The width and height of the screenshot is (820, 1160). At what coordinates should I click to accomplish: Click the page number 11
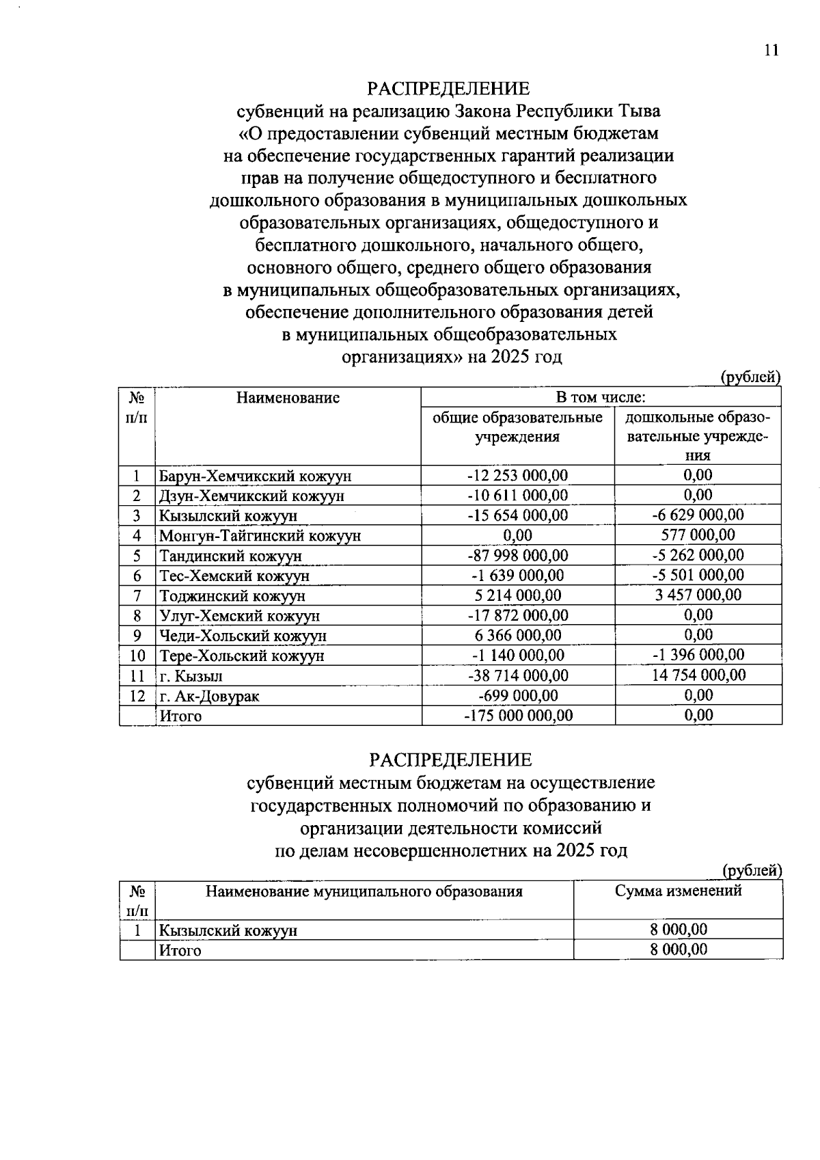click(x=771, y=51)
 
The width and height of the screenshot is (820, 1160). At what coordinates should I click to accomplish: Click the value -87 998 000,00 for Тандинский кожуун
click(x=517, y=555)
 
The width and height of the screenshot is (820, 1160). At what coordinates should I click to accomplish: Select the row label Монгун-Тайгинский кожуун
click(x=260, y=536)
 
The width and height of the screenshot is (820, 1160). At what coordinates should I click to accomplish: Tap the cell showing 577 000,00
click(x=698, y=535)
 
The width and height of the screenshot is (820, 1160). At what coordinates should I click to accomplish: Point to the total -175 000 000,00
click(x=517, y=716)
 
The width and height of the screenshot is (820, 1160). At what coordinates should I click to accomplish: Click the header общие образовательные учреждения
click(x=517, y=427)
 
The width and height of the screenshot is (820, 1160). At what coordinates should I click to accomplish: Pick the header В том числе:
click(x=601, y=397)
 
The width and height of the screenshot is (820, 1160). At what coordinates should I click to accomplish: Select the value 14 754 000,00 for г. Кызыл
click(x=698, y=675)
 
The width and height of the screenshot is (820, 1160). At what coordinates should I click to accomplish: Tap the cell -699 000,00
click(x=517, y=695)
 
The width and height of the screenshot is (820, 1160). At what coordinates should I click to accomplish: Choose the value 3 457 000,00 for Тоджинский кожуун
click(x=698, y=595)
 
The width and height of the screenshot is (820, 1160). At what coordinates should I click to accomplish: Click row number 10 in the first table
click(x=137, y=656)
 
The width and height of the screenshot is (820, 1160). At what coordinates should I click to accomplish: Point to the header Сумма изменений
click(x=678, y=891)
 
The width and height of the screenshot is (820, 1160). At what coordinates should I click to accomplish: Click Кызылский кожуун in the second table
click(x=228, y=930)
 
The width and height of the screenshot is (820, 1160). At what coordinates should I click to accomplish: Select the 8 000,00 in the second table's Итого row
click(x=678, y=949)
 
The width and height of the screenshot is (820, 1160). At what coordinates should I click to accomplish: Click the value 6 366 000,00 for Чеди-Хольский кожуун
click(x=517, y=635)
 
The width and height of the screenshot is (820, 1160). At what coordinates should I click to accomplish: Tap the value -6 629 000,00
click(x=698, y=515)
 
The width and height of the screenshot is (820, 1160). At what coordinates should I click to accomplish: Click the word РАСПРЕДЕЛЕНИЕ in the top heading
click(x=448, y=89)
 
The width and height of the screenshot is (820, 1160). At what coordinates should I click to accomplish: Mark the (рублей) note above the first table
click(x=750, y=377)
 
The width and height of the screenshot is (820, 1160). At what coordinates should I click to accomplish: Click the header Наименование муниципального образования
click(x=364, y=891)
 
